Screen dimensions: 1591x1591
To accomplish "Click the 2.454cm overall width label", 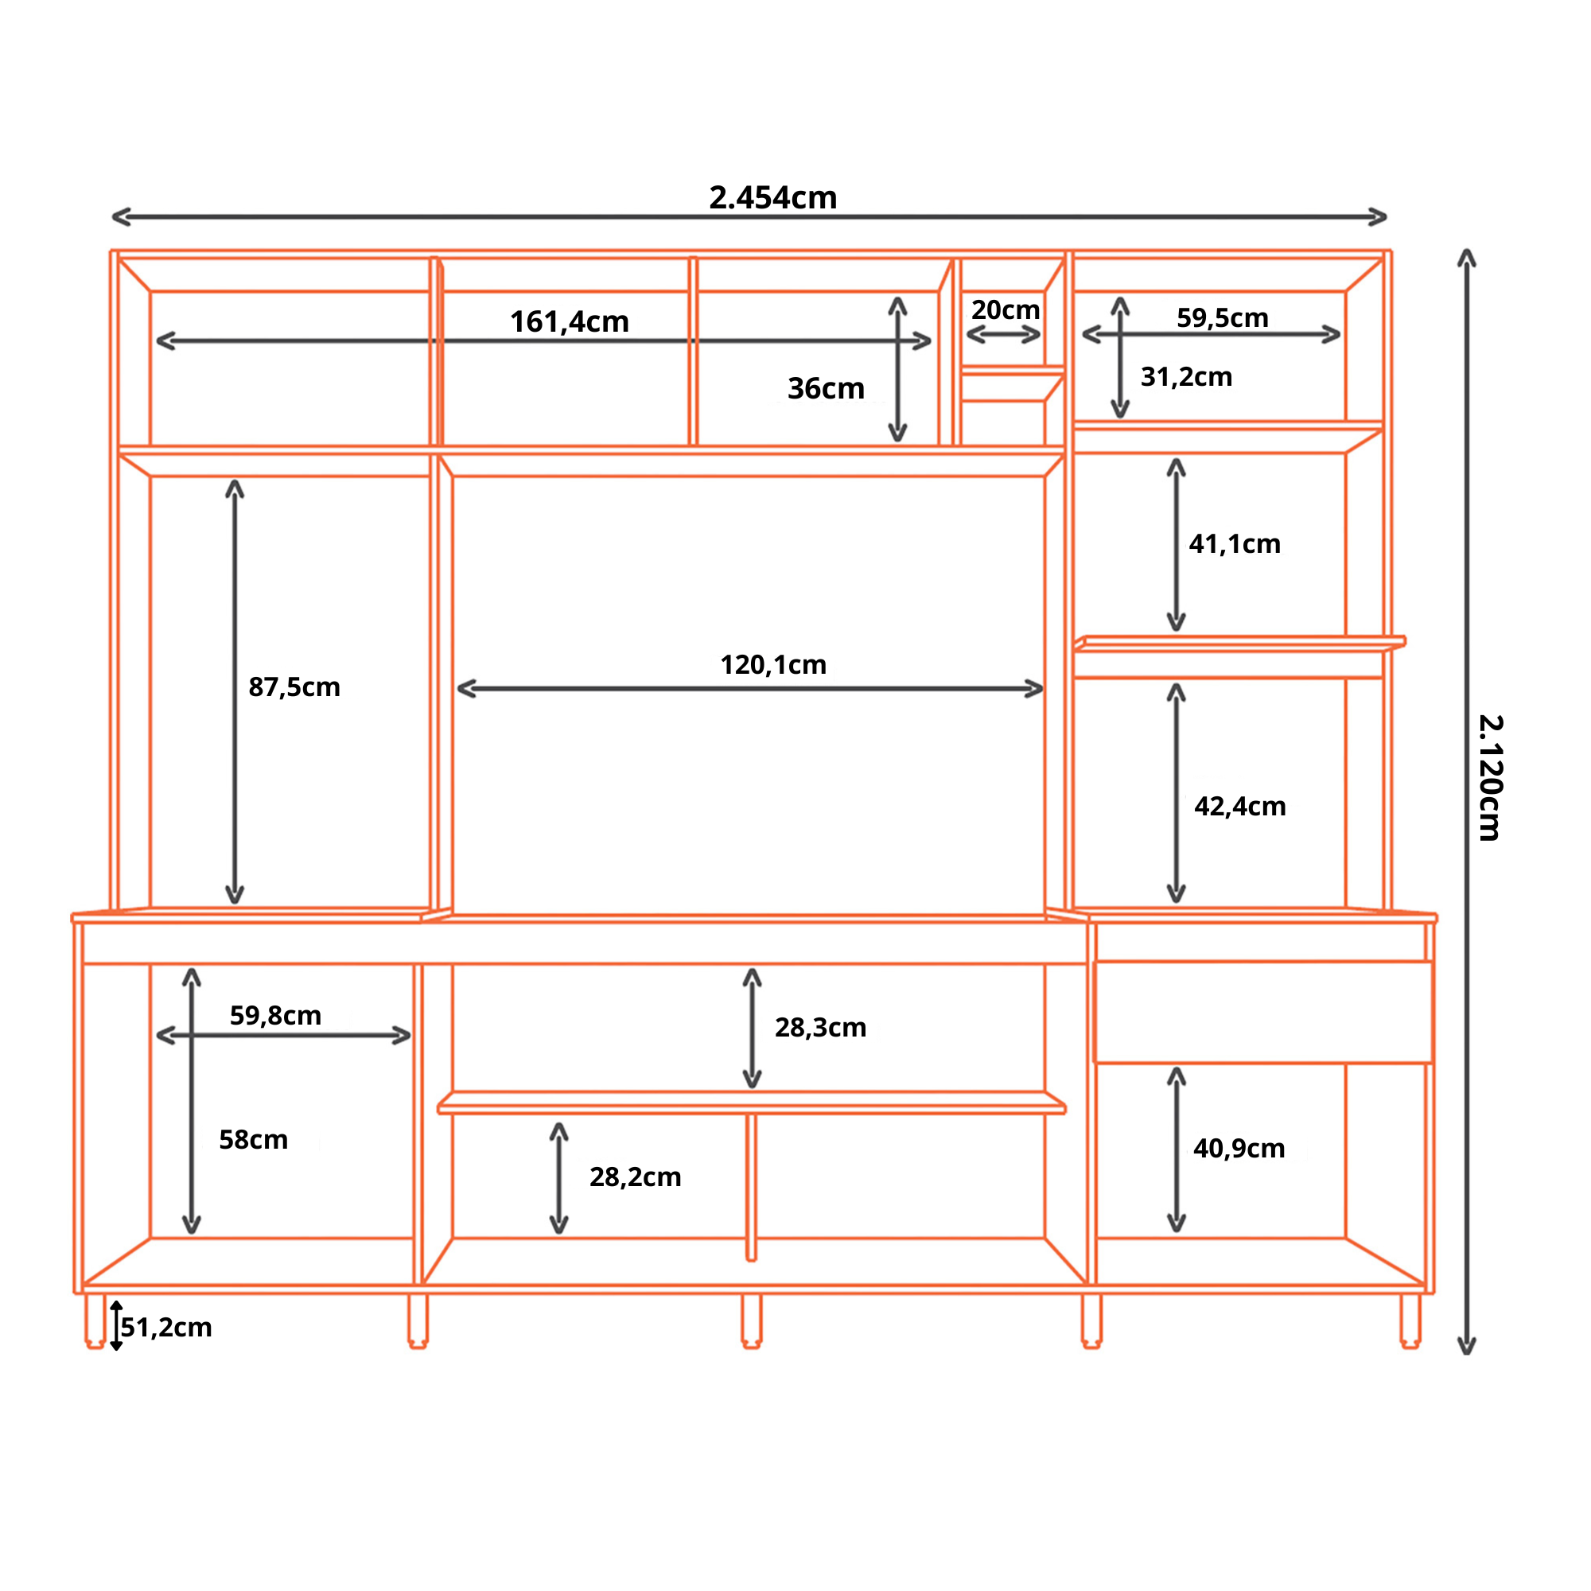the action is coord(772,197).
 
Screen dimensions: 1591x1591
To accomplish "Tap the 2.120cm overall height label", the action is coord(1491,777).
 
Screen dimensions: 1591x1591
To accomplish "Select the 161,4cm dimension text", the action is coord(569,322).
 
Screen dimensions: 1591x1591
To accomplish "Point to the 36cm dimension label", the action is coord(826,388).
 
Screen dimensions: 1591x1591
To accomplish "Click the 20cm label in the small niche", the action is coord(1006,309).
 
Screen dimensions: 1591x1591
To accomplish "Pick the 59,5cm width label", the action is coord(1222,318).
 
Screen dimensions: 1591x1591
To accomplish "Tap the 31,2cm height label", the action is coord(1186,377).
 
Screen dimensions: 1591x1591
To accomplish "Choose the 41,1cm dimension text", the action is coord(1235,543).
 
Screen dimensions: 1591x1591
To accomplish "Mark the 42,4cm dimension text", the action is coord(1239,806).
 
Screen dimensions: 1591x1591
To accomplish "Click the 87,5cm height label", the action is coord(294,687).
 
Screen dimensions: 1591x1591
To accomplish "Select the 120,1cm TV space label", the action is coord(773,664).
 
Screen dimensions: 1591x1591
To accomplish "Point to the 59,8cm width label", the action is coord(275,1015).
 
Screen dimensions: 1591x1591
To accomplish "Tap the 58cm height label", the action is coord(254,1140).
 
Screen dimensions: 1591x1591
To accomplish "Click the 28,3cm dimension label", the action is coord(820,1028).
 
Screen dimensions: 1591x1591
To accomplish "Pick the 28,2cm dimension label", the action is coord(635,1177).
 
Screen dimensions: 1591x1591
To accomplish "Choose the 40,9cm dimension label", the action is coord(1239,1149).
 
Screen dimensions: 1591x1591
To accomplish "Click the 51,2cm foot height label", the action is coord(166,1328).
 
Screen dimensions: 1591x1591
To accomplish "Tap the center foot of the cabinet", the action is coord(751,1321).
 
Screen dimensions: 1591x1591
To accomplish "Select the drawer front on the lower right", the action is coord(1263,1012).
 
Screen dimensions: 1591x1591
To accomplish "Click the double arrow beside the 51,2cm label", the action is coord(116,1326).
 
